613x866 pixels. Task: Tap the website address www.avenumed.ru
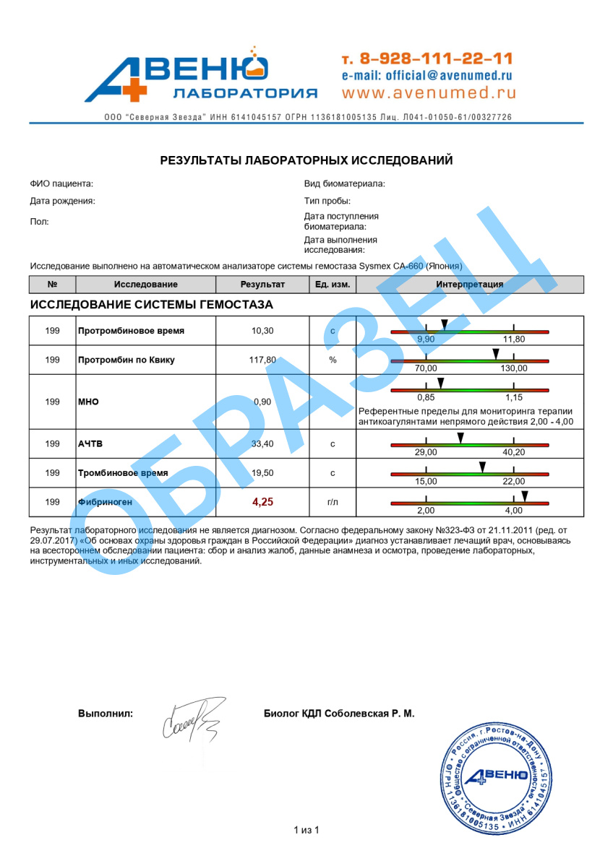pos(429,92)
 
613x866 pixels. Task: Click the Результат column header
pos(262,285)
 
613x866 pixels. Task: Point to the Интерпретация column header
pos(470,285)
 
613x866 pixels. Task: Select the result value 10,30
pos(262,331)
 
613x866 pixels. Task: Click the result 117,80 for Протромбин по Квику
pos(262,360)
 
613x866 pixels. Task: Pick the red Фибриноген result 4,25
pos(262,501)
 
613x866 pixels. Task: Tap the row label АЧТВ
pos(90,443)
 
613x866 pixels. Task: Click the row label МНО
pos(88,402)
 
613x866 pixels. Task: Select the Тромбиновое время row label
pos(123,473)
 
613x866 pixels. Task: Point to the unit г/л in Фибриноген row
pos(333,501)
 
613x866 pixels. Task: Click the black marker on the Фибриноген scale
pos(526,495)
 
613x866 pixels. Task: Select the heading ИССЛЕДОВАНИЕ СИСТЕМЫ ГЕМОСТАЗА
pos(152,305)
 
